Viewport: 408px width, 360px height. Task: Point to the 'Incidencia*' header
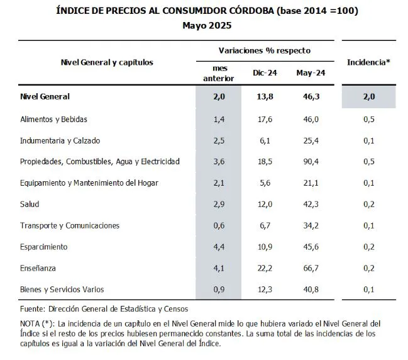tap(368, 62)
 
